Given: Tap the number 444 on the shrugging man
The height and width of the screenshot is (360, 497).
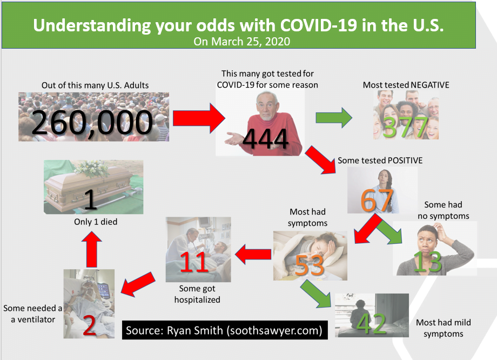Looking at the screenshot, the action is [266, 139].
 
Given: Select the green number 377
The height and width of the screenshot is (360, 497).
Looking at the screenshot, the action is [406, 127].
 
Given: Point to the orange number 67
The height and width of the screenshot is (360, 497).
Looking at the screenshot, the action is [377, 201].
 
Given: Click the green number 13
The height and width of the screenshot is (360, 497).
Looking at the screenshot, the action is [427, 262].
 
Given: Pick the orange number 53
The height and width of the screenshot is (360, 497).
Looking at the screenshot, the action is [310, 265].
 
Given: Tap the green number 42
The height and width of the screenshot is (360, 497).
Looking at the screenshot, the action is [372, 324].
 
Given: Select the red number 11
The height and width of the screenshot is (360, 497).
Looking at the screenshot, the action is [193, 262].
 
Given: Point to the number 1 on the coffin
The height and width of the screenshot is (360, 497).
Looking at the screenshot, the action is [91, 199].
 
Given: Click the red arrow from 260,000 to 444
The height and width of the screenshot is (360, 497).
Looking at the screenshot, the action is [199, 118].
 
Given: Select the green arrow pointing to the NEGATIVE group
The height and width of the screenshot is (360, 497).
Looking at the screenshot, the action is [334, 118].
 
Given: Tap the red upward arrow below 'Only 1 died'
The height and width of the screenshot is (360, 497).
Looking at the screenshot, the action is [92, 249].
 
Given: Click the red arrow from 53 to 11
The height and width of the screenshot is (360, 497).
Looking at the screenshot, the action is [253, 255].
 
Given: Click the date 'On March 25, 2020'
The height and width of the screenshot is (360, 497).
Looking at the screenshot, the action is [242, 42].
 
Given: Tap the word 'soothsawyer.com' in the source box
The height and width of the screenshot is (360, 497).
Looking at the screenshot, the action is [274, 330].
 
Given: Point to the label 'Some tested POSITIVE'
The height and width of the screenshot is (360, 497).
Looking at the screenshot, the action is [380, 161].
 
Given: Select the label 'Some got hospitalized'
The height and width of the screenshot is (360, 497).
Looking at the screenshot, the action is [197, 294].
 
